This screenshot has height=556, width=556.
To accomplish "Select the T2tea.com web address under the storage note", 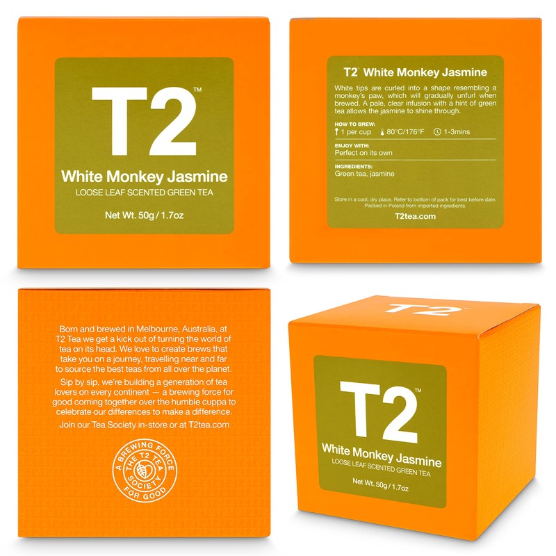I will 416,215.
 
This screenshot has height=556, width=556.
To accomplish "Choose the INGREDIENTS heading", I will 354,167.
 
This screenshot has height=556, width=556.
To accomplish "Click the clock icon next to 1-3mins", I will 436,131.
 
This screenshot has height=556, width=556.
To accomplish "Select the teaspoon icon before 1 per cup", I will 337,131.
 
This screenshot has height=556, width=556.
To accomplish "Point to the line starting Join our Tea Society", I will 144,424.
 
